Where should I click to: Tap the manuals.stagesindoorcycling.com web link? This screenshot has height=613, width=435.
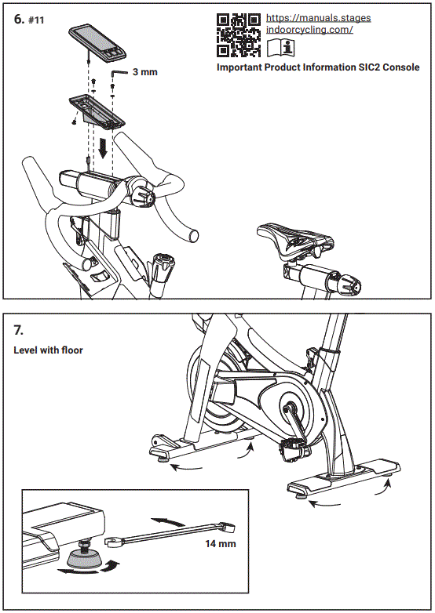coord(318,24)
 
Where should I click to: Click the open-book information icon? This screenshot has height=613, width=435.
coord(280,49)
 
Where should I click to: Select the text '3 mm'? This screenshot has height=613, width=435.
coord(144,72)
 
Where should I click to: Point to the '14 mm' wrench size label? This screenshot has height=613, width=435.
coord(221,542)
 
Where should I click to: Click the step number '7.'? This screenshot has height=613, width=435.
coord(20,328)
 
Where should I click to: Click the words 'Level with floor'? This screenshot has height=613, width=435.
coord(48,350)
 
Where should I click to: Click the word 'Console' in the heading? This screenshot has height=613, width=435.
coord(399,67)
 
